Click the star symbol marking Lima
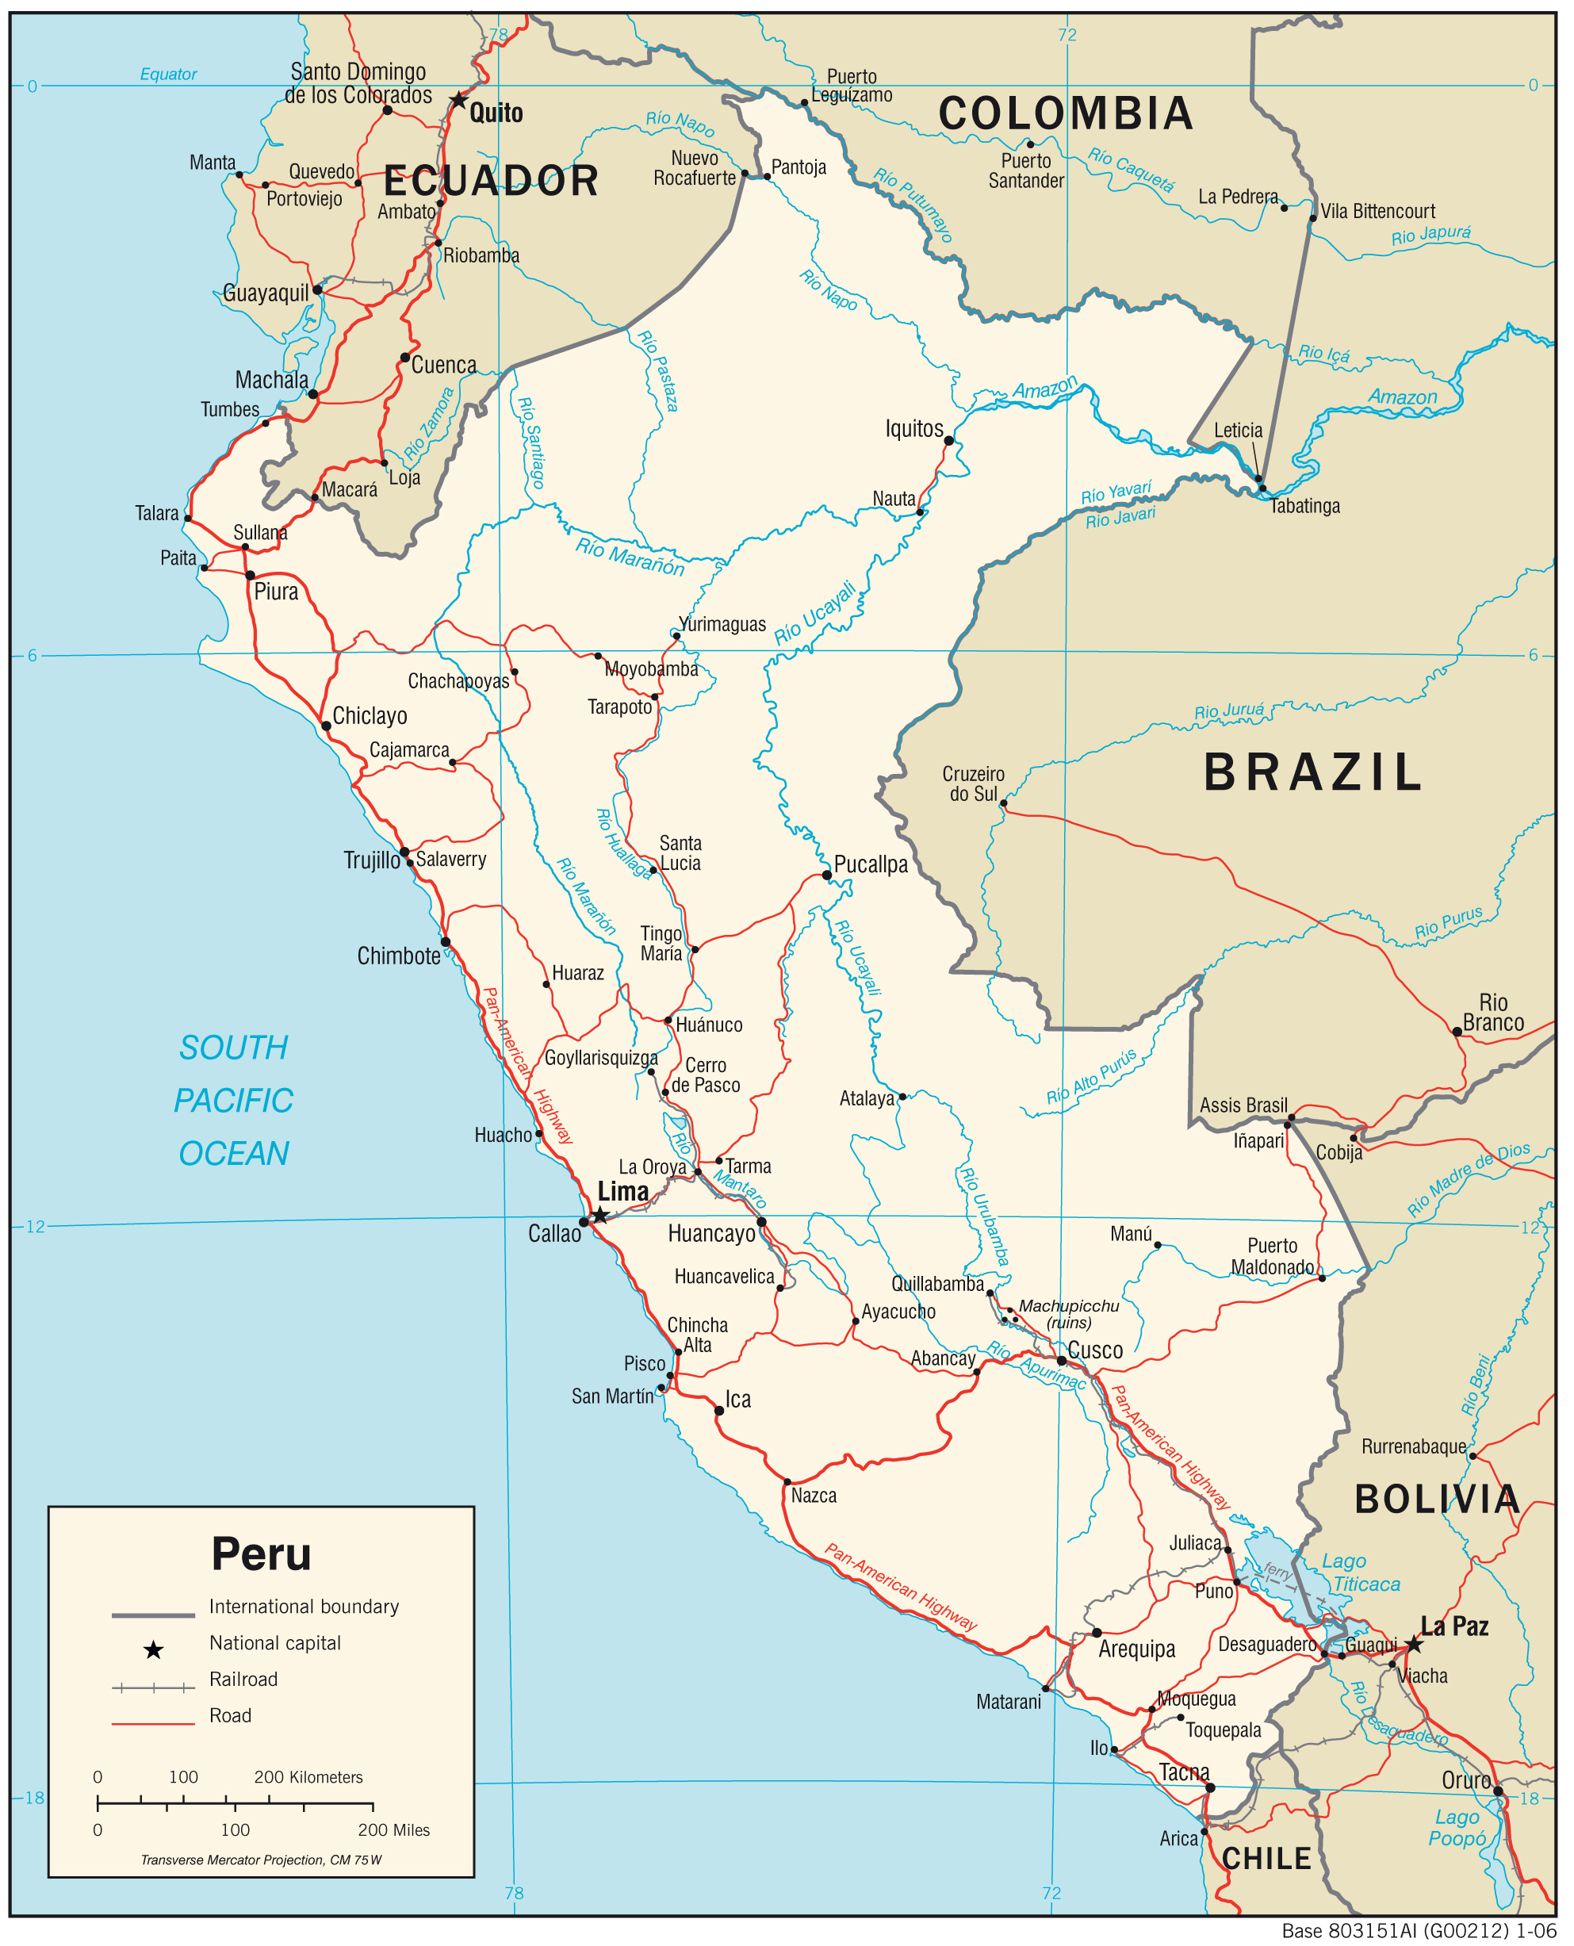[x=599, y=1215]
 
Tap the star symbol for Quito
[x=459, y=100]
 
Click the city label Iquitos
[x=914, y=429]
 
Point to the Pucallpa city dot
[x=827, y=875]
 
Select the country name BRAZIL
[x=1312, y=773]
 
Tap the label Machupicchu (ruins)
[x=1068, y=1314]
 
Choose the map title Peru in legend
[x=261, y=1554]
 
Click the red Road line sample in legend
[x=152, y=1724]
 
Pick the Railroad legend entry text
[x=243, y=1680]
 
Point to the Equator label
[x=168, y=75]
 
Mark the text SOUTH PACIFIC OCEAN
[x=234, y=1100]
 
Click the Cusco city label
[x=1095, y=1350]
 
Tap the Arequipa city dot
[x=1096, y=1633]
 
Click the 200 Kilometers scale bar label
[x=308, y=1777]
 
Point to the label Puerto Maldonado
[x=1271, y=1256]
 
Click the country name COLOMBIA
[x=1066, y=114]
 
